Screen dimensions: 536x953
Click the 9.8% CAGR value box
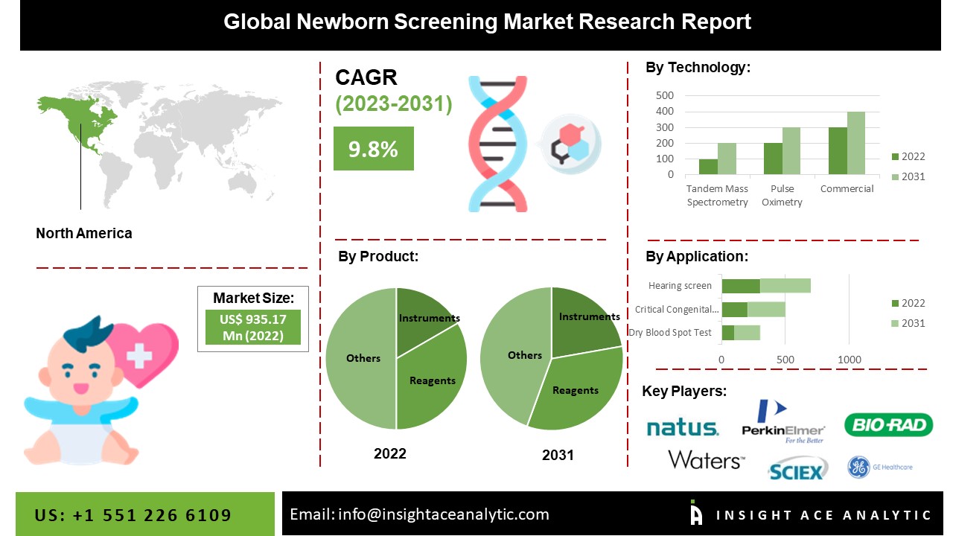[373, 149]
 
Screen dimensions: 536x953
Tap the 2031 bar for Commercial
[856, 143]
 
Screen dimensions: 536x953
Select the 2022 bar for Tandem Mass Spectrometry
[708, 167]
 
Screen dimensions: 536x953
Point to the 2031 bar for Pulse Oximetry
[791, 151]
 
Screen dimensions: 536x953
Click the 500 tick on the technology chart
[665, 95]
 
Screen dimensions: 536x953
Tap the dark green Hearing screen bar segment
[741, 286]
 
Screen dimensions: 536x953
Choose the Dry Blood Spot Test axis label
[670, 332]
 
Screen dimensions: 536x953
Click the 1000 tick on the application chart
[850, 360]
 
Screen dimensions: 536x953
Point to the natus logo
[682, 427]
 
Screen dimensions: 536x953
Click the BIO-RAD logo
[888, 425]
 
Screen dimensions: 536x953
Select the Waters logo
[706, 459]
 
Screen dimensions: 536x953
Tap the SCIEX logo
[797, 470]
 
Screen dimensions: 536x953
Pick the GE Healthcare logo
[879, 467]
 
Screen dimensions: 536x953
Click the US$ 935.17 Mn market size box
[253, 327]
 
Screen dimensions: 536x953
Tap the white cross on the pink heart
[138, 356]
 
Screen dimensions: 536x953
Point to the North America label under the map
[84, 233]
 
